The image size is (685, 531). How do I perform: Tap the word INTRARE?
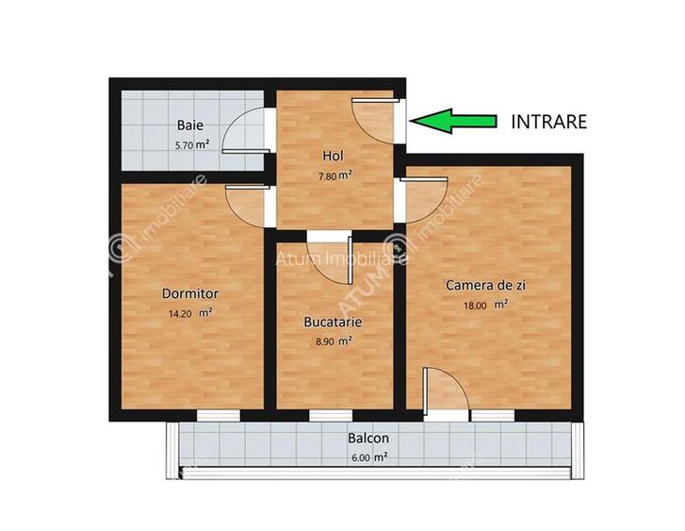point(548,121)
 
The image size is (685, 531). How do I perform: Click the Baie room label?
point(190,124)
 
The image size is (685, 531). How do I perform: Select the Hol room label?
point(333,155)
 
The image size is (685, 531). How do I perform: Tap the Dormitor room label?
point(190,293)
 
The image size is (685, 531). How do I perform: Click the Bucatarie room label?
point(333,322)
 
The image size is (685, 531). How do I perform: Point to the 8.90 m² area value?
point(333,341)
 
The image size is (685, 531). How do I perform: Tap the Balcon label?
point(367,439)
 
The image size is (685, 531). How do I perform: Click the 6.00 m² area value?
point(367,456)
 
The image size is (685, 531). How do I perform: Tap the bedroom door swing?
point(247,204)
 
